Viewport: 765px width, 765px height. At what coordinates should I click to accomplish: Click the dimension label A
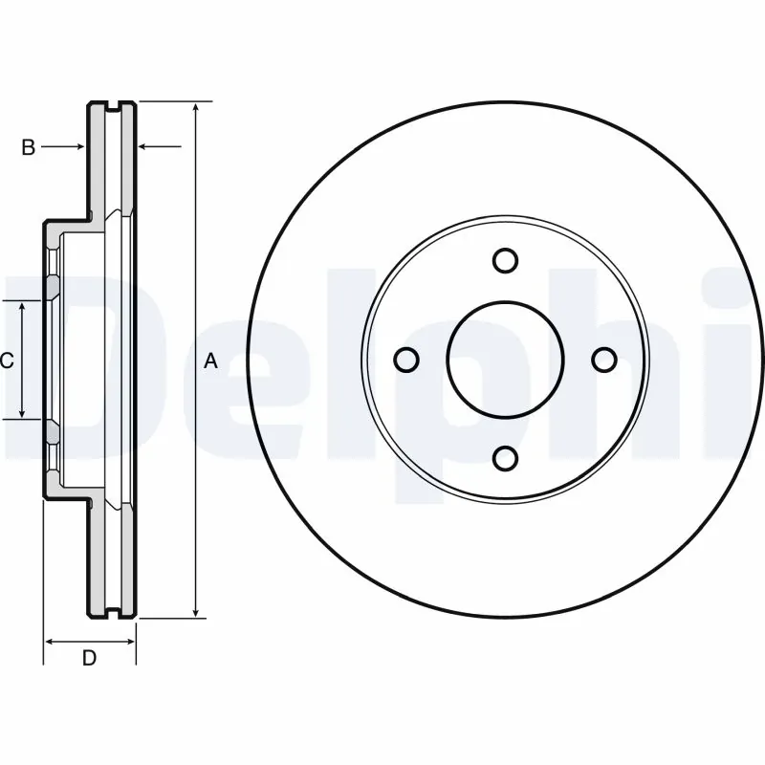coord(212,361)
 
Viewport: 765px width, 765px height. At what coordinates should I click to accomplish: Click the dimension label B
coord(29,146)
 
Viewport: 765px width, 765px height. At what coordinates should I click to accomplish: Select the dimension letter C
coord(6,361)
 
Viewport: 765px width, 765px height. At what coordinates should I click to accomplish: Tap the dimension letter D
coord(89,658)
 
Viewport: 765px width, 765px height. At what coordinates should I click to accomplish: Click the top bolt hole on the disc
coord(506,260)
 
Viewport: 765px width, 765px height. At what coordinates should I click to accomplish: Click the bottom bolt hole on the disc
coord(506,458)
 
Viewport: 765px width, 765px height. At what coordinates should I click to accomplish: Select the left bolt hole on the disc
coord(406,360)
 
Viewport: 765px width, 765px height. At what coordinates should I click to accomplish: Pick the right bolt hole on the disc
coord(604,360)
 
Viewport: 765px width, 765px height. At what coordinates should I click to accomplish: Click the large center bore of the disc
coord(506,360)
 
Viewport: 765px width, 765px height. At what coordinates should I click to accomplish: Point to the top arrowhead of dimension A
coord(196,106)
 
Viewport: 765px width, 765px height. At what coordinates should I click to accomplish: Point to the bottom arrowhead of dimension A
coord(196,612)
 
